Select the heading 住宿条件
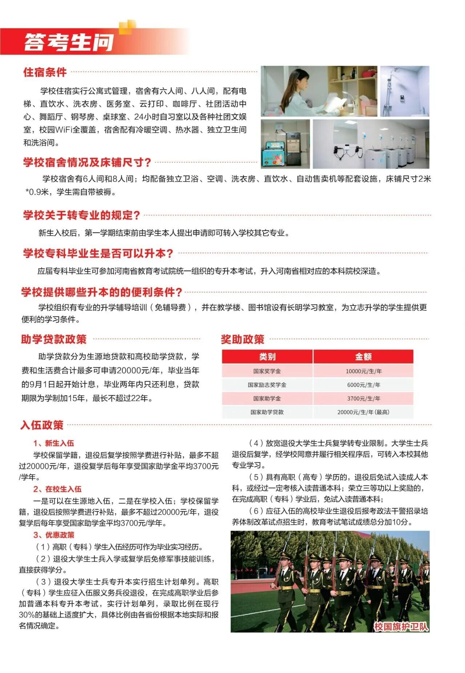click(x=45, y=72)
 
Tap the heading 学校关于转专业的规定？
click(x=81, y=215)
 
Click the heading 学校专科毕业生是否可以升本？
click(x=98, y=253)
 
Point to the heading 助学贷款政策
click(x=54, y=339)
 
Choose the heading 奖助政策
click(x=243, y=340)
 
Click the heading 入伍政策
click(x=42, y=425)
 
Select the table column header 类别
click(x=267, y=357)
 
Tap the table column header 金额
click(x=363, y=357)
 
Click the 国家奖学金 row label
click(x=267, y=371)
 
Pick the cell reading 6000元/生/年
click(x=363, y=385)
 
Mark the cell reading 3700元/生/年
click(x=363, y=398)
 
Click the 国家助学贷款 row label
click(x=267, y=412)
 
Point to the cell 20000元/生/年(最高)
click(x=363, y=412)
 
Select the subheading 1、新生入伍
click(x=54, y=443)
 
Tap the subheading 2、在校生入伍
click(x=57, y=489)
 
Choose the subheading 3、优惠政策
click(x=54, y=535)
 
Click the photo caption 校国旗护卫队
click(x=401, y=627)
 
